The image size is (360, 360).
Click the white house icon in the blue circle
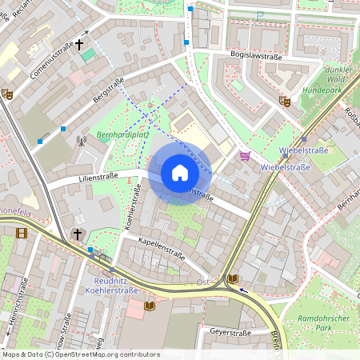pyautogui.click(x=180, y=172)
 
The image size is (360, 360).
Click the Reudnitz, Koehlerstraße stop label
pyautogui.click(x=113, y=286)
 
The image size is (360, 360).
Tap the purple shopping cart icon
pyautogui.click(x=245, y=156)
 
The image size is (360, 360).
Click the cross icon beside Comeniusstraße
pyautogui.click(x=79, y=45)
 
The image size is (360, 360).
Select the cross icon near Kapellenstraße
pyautogui.click(x=78, y=234)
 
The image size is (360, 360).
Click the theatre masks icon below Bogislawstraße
pyautogui.click(x=284, y=101)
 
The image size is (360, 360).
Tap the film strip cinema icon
pyautogui.click(x=21, y=233)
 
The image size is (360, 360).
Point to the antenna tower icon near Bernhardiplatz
pyautogui.click(x=80, y=142)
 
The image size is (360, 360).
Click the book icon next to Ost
pyautogui.click(x=232, y=278)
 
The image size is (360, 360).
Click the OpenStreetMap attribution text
pyautogui.click(x=80, y=354)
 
